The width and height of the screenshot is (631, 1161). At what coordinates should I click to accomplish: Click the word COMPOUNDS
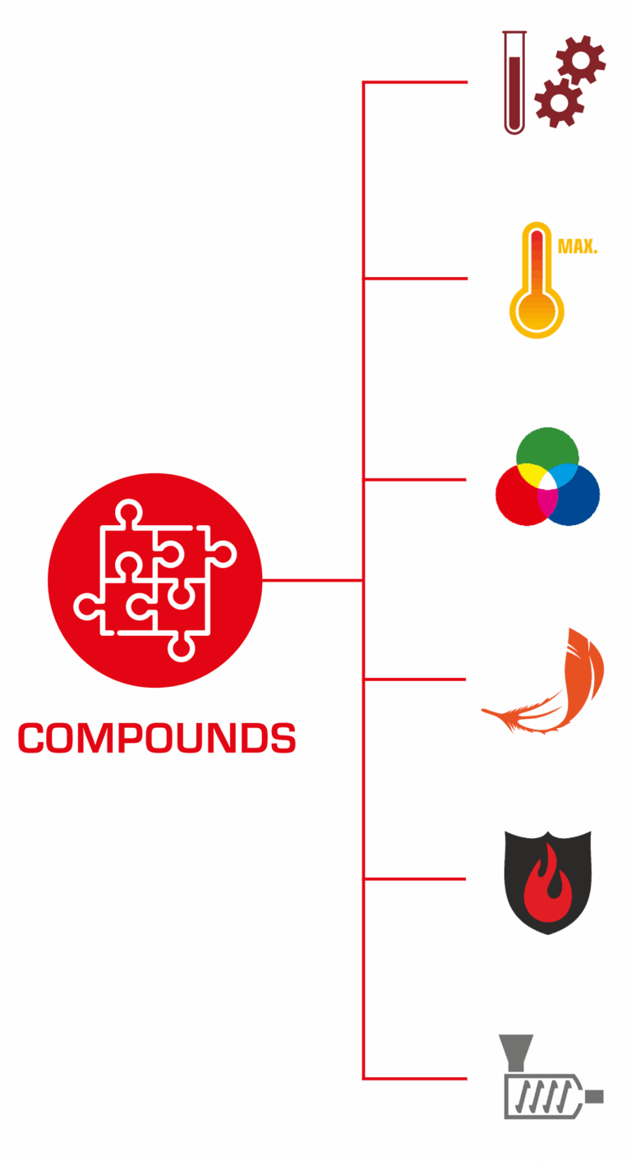157,738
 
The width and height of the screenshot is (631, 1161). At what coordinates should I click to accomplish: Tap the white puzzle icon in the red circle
155,580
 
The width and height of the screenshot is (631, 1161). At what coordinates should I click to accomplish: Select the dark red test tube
514,83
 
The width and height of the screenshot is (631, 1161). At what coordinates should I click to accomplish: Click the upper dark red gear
581,60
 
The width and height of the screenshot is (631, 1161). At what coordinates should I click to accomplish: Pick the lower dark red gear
559,102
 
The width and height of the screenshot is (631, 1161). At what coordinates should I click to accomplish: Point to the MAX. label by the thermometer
578,246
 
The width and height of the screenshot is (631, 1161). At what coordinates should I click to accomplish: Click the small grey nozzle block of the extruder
594,1096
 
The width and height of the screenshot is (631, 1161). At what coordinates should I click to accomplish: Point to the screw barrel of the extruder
544,1096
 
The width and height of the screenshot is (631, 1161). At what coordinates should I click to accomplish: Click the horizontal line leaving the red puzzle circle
313,580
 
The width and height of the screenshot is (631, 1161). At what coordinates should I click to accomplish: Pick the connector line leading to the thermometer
415,279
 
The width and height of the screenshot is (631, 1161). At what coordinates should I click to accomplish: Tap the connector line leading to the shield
415,879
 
